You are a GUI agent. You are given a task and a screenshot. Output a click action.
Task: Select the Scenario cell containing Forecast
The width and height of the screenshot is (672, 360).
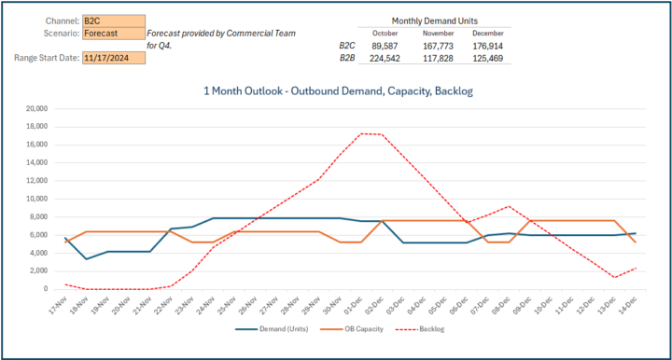[113, 34]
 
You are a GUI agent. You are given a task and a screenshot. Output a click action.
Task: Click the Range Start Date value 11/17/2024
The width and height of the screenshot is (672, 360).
[113, 58]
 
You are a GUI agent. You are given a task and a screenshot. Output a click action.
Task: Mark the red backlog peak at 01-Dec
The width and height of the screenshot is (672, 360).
[361, 133]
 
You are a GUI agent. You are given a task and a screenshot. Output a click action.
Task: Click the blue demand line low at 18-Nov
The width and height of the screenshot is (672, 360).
[86, 258]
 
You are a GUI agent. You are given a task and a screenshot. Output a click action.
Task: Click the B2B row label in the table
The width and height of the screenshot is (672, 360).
[347, 57]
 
